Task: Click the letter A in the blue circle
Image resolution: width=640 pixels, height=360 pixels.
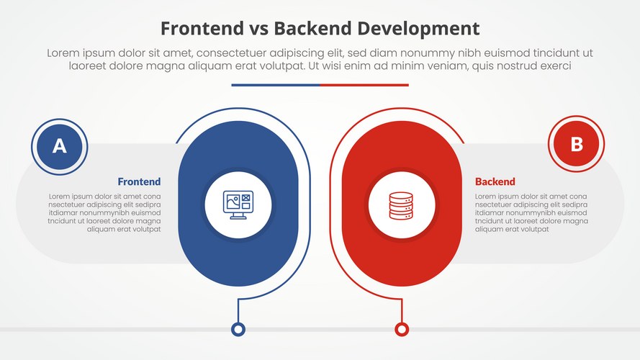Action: (x=60, y=146)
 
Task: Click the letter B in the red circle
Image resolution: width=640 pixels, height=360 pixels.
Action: (x=576, y=144)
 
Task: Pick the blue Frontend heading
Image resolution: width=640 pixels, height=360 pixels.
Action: (x=139, y=181)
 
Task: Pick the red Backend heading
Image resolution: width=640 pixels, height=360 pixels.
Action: (x=495, y=181)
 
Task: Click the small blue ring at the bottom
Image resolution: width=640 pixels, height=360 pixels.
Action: (x=238, y=329)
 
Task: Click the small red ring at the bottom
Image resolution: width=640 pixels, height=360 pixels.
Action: (x=402, y=329)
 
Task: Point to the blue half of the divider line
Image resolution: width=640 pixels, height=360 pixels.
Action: (x=276, y=85)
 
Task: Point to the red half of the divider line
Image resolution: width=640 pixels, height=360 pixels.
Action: (x=364, y=85)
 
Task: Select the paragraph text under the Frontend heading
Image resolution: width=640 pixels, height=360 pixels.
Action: (x=105, y=212)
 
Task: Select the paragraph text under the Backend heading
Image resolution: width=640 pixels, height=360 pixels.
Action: (x=531, y=212)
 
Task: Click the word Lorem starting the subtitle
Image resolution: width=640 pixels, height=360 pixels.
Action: (x=63, y=53)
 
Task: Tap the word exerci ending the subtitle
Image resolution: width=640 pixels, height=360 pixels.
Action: (x=553, y=66)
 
